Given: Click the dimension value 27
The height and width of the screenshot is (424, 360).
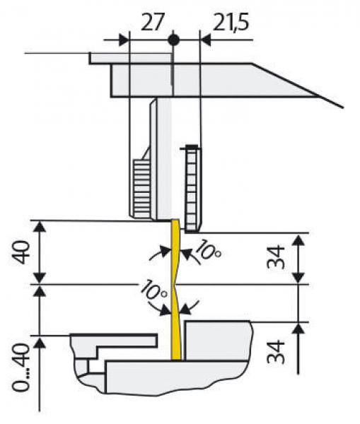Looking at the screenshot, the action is click(153, 22).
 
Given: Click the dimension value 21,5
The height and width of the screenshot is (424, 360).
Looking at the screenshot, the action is click(231, 22).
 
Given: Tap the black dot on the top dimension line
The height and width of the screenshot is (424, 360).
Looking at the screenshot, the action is click(173, 40).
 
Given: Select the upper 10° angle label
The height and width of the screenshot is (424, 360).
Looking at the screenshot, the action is click(208, 250).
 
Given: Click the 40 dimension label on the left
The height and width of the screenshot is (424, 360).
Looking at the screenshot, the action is click(21, 252).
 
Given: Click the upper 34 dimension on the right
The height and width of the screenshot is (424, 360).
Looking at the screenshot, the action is click(276, 257).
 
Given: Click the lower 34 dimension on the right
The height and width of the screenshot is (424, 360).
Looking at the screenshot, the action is click(276, 353).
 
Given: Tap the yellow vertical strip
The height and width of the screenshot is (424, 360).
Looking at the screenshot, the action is click(176, 290).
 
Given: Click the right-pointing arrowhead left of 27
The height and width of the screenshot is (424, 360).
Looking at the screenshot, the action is click(124, 40).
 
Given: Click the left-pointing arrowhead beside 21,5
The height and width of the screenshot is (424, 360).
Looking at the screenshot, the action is click(205, 40).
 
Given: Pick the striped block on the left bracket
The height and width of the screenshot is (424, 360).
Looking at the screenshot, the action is click(141, 188).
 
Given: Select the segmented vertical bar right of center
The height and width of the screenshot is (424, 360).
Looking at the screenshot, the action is click(192, 189).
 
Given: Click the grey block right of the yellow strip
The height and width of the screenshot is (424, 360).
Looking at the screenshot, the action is click(216, 341).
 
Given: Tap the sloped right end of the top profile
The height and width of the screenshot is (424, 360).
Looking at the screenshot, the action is click(298, 86).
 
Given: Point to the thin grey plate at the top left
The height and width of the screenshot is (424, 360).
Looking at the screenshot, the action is click(130, 59).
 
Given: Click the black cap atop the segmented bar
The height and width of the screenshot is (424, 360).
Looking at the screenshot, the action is click(192, 147).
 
